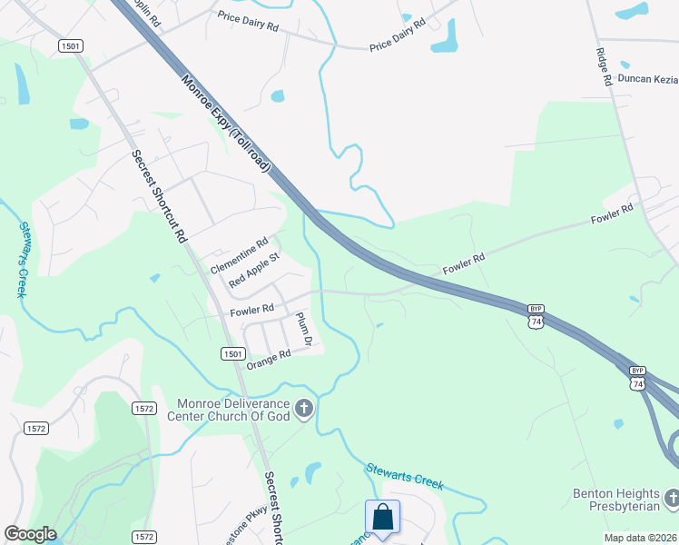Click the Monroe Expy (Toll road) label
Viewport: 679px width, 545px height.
click(227, 124)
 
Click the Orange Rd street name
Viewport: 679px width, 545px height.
click(269, 359)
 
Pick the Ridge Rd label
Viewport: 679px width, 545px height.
click(604, 67)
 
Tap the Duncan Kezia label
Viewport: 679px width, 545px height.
click(648, 79)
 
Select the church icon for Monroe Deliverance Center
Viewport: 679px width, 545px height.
click(304, 409)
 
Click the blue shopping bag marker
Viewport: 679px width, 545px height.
click(383, 518)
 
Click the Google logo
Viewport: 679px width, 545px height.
click(29, 534)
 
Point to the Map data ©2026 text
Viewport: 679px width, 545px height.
click(641, 538)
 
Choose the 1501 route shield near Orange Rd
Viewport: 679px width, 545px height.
click(232, 353)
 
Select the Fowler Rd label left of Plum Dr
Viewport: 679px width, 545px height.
click(252, 311)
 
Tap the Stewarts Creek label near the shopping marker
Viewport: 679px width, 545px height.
click(405, 477)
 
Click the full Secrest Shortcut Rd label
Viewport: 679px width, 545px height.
click(159, 195)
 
